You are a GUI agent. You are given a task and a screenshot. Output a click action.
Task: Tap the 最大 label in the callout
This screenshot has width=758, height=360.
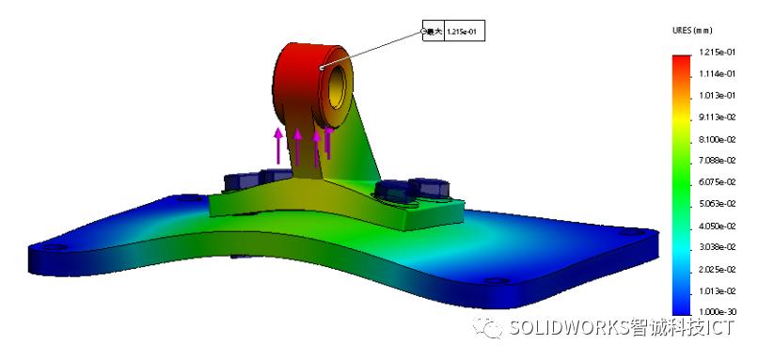click(x=434, y=32)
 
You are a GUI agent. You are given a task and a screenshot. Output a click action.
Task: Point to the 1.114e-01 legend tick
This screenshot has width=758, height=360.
click(x=716, y=74)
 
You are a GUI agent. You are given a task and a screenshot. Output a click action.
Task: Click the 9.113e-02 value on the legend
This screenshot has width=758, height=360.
click(x=716, y=117)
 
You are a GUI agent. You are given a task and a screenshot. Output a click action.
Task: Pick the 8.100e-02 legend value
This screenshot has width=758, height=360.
click(x=716, y=139)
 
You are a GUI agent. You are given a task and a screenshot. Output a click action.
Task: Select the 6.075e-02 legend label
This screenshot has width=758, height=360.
click(x=716, y=182)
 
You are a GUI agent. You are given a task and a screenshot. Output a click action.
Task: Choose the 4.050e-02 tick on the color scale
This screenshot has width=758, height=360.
click(x=716, y=226)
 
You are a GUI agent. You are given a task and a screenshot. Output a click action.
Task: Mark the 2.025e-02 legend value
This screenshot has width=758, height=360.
click(x=716, y=269)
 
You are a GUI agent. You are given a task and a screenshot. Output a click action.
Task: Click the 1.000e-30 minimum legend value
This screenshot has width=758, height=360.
click(x=716, y=312)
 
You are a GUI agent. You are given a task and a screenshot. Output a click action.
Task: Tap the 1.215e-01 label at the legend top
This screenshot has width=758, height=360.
click(x=716, y=53)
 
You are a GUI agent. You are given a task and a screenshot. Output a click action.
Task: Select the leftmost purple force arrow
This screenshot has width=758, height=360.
click(x=278, y=146)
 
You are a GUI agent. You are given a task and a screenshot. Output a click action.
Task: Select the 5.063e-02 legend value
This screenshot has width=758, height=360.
click(x=716, y=204)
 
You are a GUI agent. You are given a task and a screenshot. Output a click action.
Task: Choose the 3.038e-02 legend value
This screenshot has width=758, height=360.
click(x=716, y=247)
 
